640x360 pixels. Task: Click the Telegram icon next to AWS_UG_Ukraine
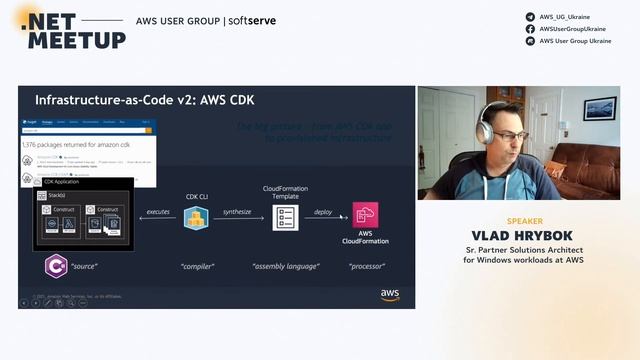pos(530,17)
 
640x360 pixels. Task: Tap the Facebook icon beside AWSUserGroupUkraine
pos(530,29)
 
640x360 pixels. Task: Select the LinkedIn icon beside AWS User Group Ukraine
pos(530,41)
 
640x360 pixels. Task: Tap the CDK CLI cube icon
pos(196,217)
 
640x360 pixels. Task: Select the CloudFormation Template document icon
pos(286,217)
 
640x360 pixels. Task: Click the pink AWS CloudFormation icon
pos(365,215)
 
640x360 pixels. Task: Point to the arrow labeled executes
pos(158,219)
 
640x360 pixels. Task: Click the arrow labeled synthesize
pos(238,219)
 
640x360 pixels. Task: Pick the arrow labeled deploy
pos(323,219)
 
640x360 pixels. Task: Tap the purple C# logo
pos(57,267)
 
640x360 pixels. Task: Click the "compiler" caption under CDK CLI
pos(196,267)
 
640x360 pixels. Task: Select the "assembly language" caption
pos(287,267)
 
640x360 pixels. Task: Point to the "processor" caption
pos(367,267)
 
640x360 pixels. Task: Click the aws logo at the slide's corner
pos(390,295)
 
